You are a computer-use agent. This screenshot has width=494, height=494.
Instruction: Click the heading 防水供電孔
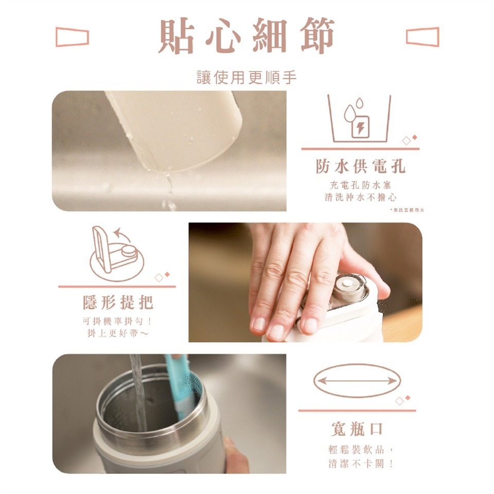click(360, 166)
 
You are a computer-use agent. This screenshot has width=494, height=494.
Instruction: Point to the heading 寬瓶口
click(357, 428)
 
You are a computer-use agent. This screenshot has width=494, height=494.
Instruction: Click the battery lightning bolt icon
click(360, 126)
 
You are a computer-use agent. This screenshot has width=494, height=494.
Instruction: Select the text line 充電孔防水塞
click(360, 185)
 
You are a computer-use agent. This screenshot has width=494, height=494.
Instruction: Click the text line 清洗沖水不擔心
click(360, 197)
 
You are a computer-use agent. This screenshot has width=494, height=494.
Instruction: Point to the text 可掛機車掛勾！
click(118, 322)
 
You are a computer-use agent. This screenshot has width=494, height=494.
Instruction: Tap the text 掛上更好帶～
click(118, 334)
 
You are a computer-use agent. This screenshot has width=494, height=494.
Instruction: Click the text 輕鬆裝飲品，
click(360, 449)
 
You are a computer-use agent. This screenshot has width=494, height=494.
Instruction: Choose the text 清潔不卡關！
click(360, 464)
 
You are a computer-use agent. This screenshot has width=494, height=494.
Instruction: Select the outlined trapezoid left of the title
click(72, 37)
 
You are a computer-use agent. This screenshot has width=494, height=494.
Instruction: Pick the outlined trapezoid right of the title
click(422, 37)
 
